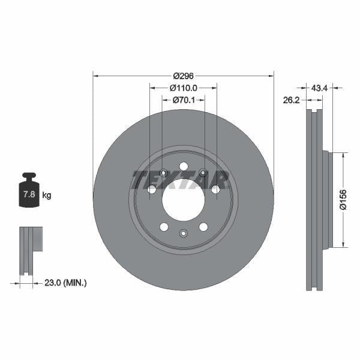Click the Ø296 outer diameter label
pos(183,76)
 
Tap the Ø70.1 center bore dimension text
pos(184,100)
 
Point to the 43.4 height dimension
pos(319,88)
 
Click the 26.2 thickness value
pos(292,100)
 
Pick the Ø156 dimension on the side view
pos(343,199)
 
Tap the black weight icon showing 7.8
pos(29,192)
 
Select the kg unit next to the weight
pos(46,196)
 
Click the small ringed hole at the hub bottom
pos(184,233)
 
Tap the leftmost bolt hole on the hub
pos(152,190)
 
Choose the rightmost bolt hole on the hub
pos(215,190)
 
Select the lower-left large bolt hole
pos(164,227)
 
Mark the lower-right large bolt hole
pos(203,227)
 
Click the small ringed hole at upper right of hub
pos(203,174)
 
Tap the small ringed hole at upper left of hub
pos(163,174)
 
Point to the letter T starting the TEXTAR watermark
pos(140,179)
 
